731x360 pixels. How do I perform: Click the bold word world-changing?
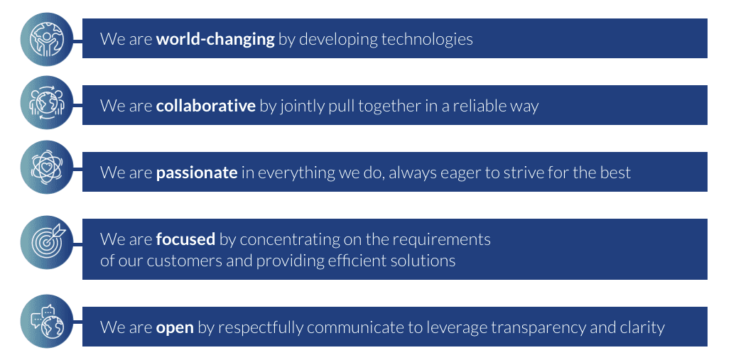click(215, 39)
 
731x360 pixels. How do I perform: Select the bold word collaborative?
click(205, 106)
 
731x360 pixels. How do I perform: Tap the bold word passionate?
click(197, 173)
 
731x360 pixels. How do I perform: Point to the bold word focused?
click(185, 239)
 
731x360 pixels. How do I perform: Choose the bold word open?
click(175, 328)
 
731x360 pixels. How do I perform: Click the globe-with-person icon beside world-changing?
click(47, 39)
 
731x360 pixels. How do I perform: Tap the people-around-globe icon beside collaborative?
click(47, 102)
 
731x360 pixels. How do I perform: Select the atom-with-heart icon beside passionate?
click(47, 167)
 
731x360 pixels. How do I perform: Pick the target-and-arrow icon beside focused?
click(47, 242)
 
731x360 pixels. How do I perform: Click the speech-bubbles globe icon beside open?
click(47, 322)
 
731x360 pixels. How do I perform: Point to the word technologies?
click(427, 39)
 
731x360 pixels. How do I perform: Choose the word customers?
click(185, 261)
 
